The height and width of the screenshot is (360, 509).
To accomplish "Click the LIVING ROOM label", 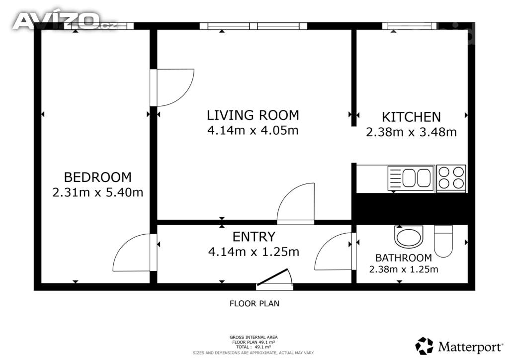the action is point(253,115).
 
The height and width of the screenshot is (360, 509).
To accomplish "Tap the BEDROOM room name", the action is point(98,177).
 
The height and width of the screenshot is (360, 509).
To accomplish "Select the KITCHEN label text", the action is point(411,117).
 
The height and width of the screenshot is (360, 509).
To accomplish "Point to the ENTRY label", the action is point(254,237).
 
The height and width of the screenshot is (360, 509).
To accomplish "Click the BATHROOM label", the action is point(404,258).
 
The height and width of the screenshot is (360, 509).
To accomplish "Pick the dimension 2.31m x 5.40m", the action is point(98,192).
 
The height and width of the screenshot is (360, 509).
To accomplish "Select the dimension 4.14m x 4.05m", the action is point(253,130).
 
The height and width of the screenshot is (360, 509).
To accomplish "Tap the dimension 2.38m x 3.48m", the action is point(411,132).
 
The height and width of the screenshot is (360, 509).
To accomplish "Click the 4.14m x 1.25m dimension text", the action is point(254,252).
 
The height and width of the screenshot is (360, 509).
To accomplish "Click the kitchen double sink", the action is point(411,178).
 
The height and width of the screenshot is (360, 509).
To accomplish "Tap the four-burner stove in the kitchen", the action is point(451,178).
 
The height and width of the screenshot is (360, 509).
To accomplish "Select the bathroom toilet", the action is point(443,241).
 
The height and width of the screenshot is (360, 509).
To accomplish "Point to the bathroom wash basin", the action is point(409,236).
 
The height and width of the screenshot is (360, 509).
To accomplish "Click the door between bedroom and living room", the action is point(172,88).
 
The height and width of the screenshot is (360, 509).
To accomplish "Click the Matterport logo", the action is point(459,347).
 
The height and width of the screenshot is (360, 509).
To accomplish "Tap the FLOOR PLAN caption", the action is point(254,304).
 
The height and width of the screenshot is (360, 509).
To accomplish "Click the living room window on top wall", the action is point(254,26).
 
